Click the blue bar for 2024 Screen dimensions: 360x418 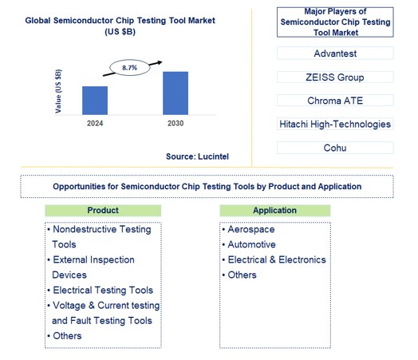94,100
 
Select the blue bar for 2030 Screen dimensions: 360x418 175,93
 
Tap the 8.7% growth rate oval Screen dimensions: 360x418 129,68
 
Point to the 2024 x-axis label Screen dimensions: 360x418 94,124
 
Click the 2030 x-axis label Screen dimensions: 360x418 175,124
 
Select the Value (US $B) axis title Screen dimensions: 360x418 58,90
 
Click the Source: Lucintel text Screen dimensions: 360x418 197,156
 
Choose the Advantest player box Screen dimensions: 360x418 335,54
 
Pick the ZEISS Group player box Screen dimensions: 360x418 335,77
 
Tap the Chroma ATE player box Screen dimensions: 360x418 335,101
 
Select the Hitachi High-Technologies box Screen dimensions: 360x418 335,124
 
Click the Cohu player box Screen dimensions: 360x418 335,148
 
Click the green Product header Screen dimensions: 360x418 103,210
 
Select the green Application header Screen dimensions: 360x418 274,210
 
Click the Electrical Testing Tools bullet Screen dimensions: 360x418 102,291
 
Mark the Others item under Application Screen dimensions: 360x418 243,275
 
